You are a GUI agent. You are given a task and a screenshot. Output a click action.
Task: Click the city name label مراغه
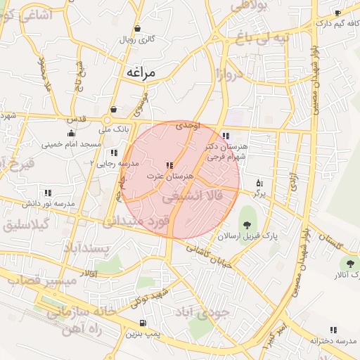(x=150, y=72)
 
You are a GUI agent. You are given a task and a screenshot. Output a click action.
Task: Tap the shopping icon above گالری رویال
(x=137, y=29)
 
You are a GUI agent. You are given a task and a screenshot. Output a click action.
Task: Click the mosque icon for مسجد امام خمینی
(x=70, y=133)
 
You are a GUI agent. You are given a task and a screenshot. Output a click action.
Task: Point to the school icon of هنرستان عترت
(x=169, y=165)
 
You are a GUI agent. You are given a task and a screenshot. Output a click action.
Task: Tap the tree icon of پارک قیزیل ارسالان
(x=246, y=224)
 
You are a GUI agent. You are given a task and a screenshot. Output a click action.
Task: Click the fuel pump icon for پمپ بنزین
(x=143, y=323)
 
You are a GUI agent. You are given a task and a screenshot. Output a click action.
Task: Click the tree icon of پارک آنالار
(x=349, y=263)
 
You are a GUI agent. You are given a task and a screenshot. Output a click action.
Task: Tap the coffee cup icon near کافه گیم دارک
(x=338, y=13)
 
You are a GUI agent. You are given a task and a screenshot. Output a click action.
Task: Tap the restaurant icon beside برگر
(x=259, y=181)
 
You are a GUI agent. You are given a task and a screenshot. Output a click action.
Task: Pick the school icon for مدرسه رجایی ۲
(x=113, y=152)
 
